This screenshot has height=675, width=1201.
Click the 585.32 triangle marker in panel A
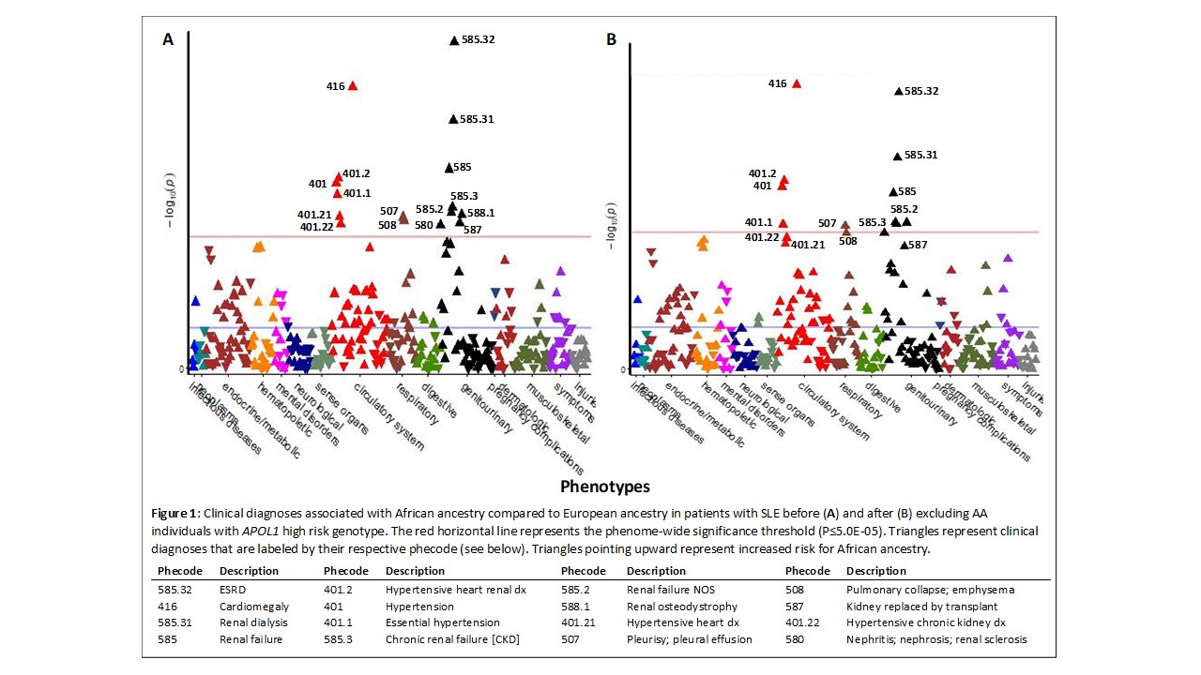454,40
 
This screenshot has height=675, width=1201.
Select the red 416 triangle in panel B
797,83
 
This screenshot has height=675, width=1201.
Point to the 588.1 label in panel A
480,213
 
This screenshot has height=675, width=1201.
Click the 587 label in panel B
918,245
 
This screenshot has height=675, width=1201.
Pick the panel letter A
168,39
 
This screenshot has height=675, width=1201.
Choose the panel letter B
612,39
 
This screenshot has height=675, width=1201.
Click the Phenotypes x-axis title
604,487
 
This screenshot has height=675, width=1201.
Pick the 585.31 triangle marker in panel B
897,156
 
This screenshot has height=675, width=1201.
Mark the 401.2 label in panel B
762,173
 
